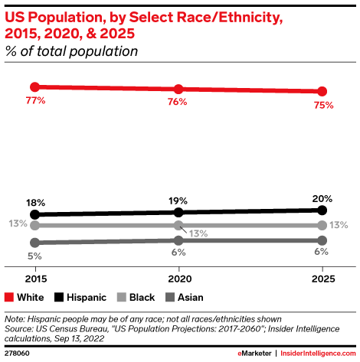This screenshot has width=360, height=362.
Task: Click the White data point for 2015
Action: coord(34,86)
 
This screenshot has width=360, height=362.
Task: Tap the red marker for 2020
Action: coord(178,90)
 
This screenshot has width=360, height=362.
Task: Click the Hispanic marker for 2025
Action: coord(322,210)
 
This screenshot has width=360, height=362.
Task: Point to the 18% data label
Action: coord(34,203)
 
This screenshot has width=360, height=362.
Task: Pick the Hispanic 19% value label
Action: coord(178,201)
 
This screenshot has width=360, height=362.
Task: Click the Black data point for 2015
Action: coord(34,225)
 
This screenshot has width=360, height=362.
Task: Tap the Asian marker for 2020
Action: coord(178,240)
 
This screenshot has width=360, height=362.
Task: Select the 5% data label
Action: coord(34,256)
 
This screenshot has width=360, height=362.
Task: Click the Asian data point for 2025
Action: coord(322,240)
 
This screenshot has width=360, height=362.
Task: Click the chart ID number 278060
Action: coord(17,354)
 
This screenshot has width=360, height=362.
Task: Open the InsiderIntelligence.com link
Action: coord(316,354)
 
